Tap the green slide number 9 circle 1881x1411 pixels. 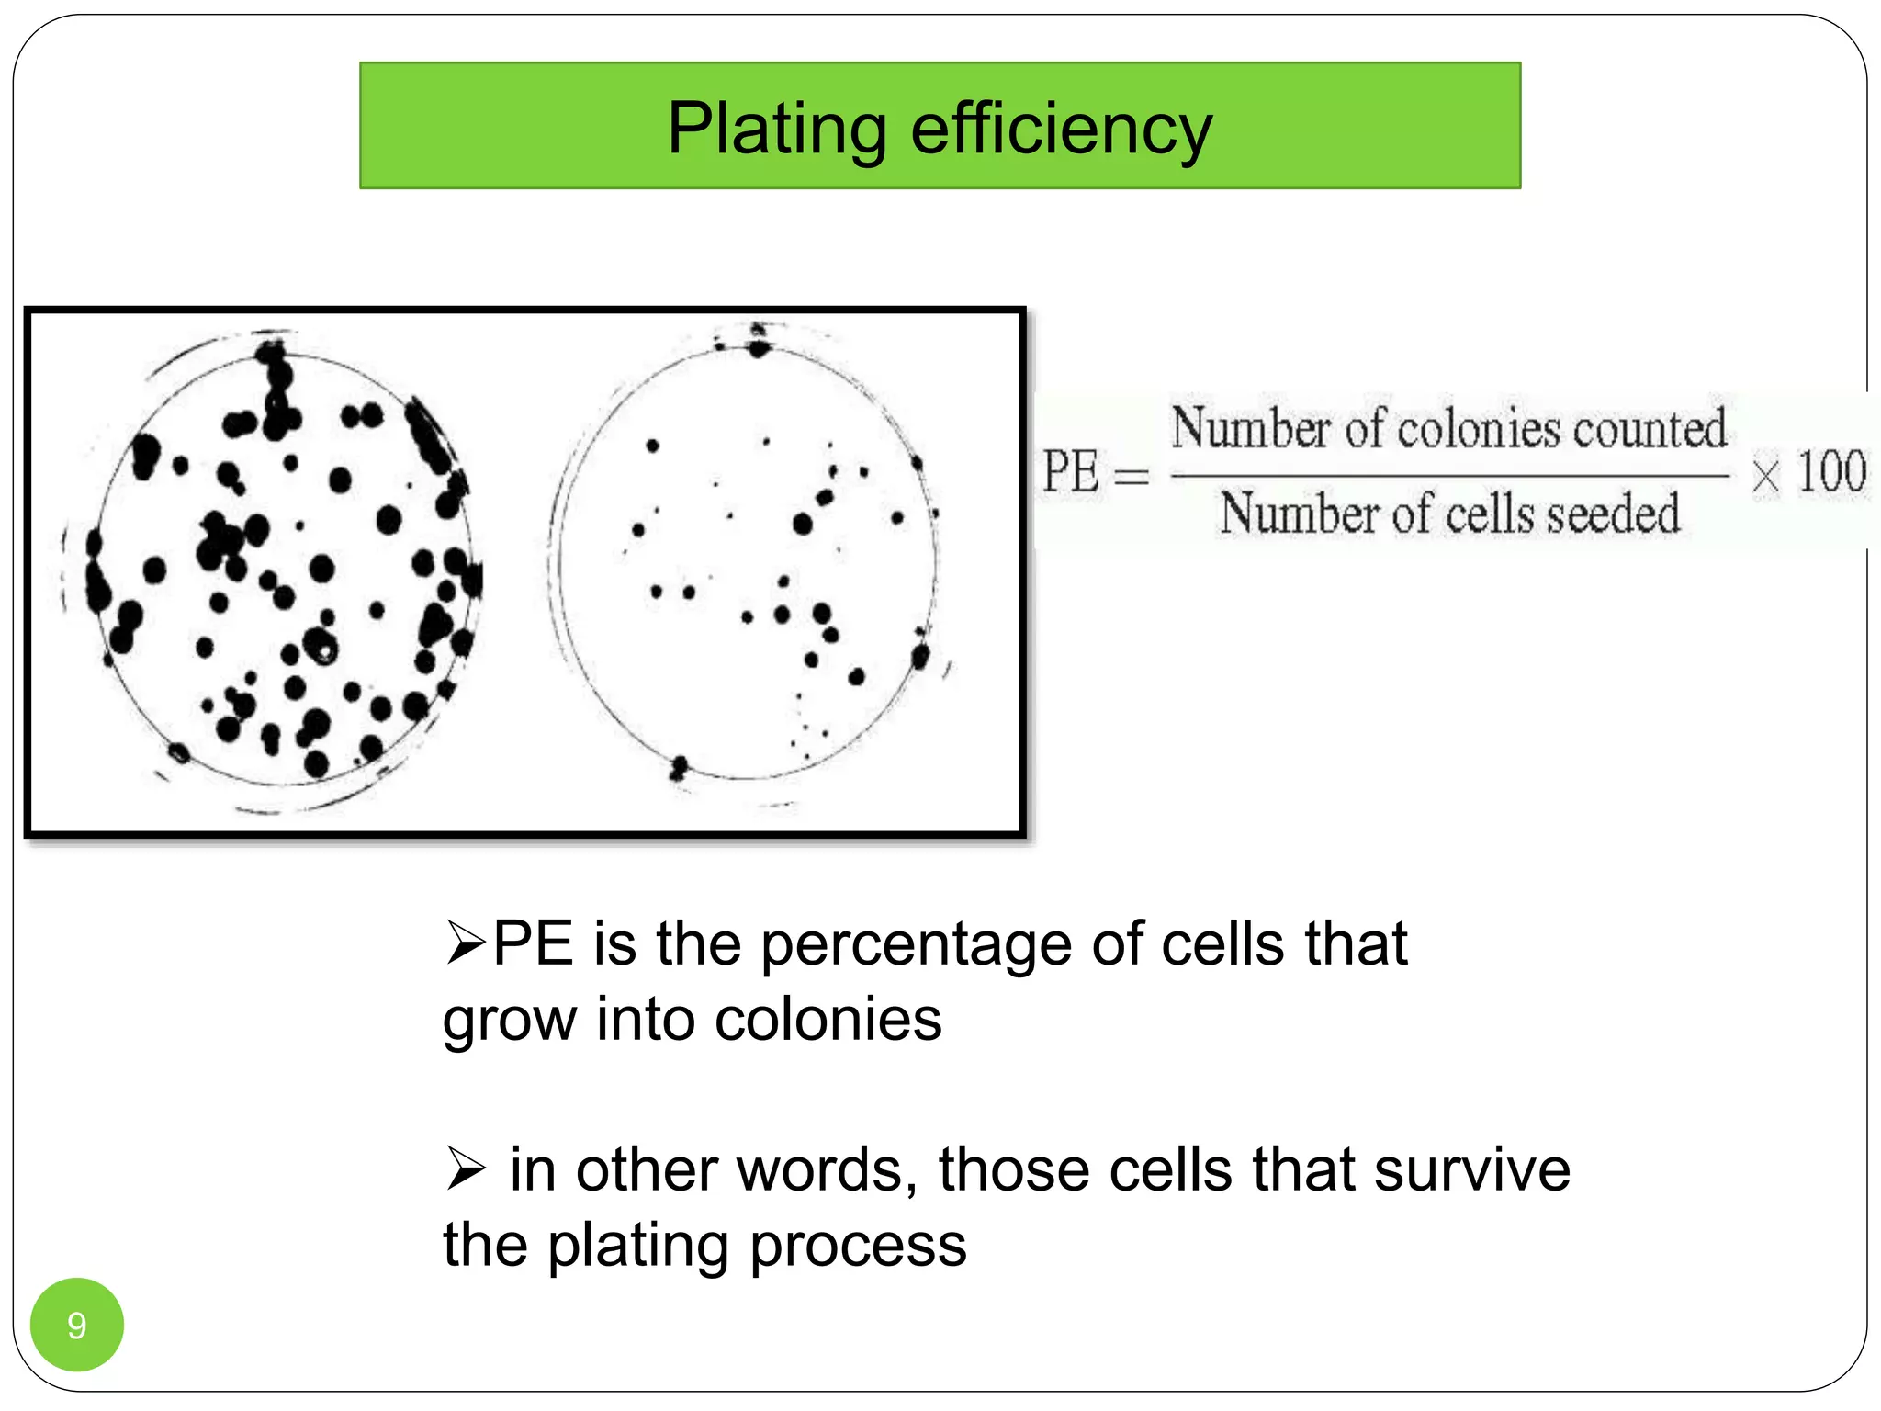tap(77, 1325)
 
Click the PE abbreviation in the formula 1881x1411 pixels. tap(1070, 472)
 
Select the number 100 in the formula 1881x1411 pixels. tap(1831, 472)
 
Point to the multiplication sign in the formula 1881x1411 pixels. tap(1764, 477)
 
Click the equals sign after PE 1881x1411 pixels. tap(1132, 477)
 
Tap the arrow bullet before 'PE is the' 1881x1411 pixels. tap(465, 943)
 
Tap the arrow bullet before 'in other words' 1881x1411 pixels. tap(465, 1169)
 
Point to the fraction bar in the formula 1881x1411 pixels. tap(1449, 476)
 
